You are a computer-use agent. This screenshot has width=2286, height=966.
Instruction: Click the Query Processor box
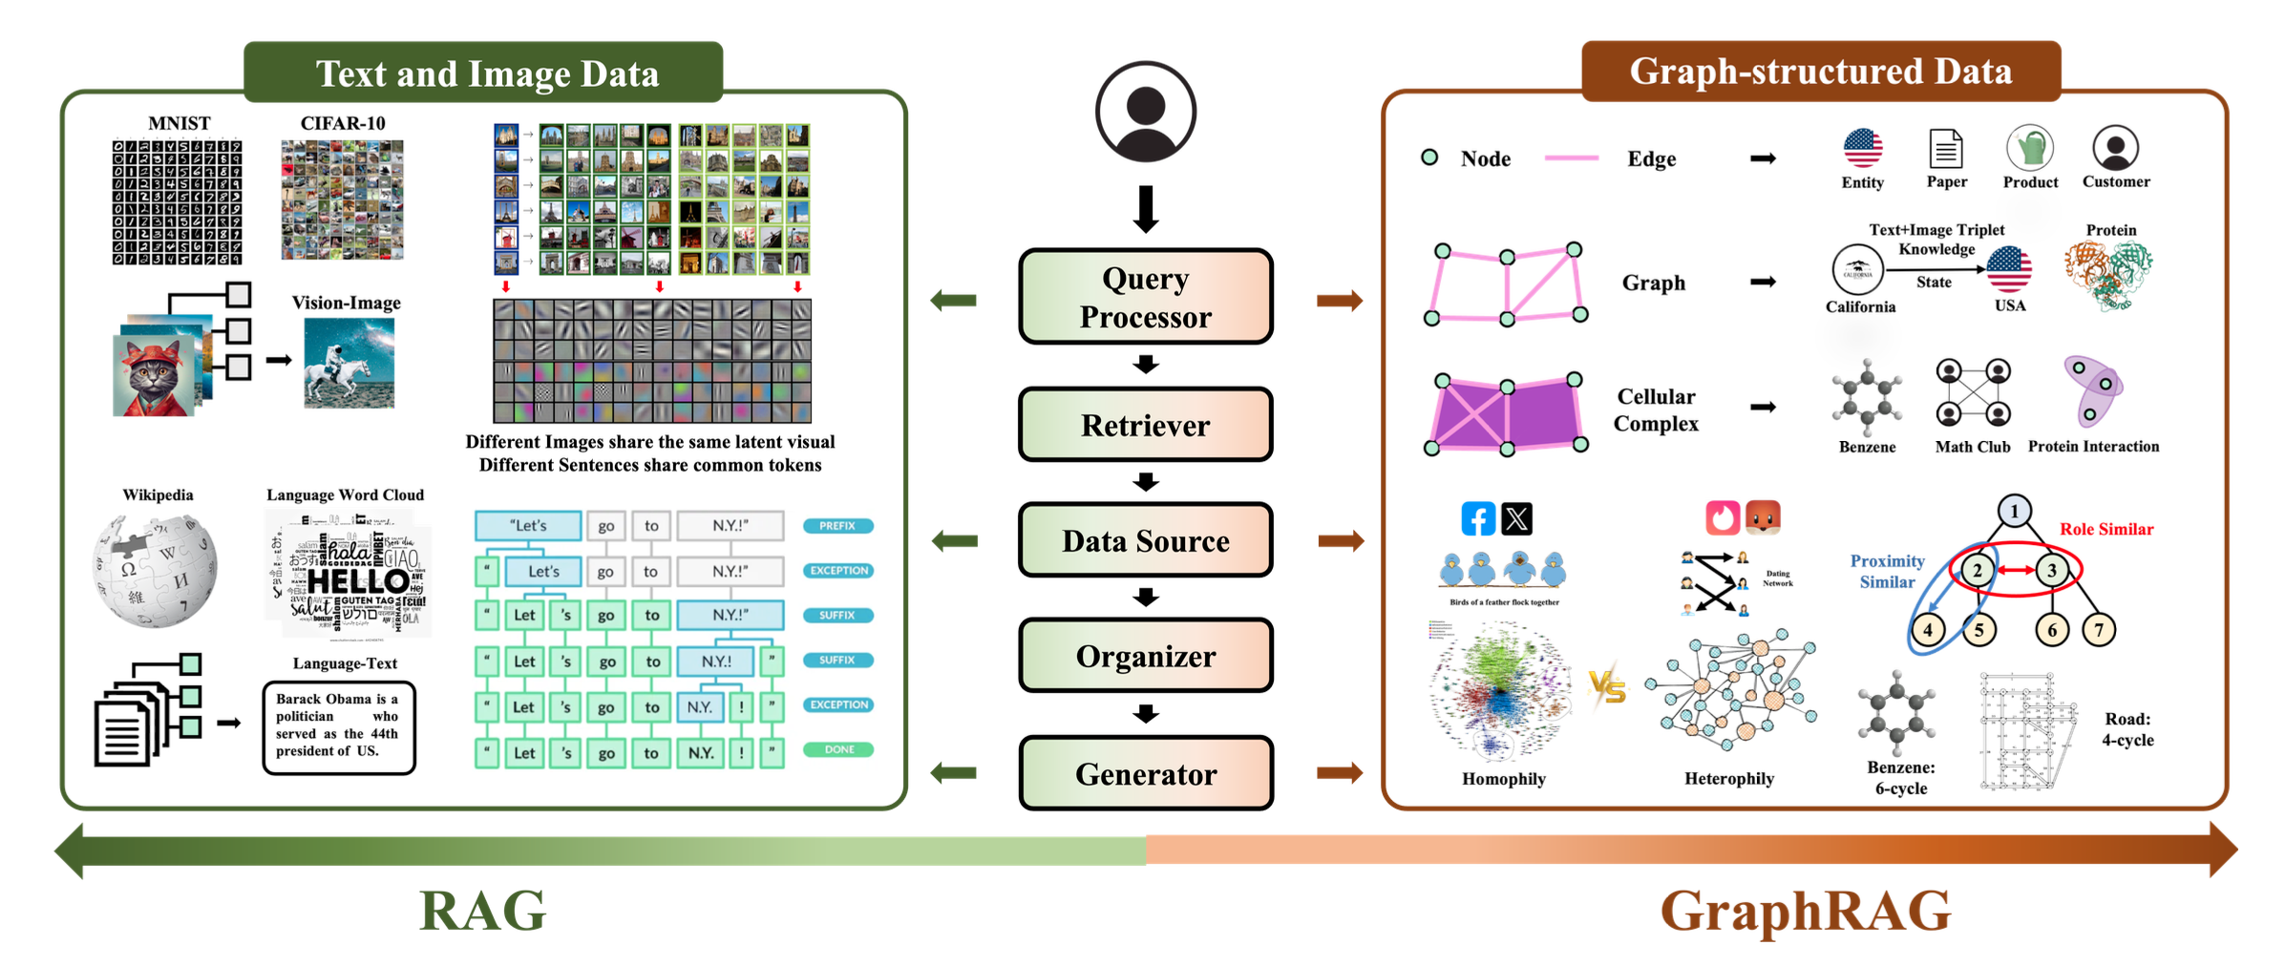tap(1145, 297)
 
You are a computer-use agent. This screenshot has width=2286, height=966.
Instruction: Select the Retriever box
tap(1145, 425)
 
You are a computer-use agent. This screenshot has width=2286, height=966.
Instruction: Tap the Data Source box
tap(1145, 540)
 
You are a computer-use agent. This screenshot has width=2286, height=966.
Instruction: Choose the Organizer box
tap(1145, 656)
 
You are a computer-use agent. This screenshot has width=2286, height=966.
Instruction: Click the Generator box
tap(1145, 773)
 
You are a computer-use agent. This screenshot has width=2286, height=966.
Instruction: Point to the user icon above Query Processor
tap(1145, 112)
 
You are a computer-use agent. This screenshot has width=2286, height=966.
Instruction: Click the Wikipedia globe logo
tap(155, 570)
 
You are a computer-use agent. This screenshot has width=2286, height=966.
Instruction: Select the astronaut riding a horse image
tap(349, 363)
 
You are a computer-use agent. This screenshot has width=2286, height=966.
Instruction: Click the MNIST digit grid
tap(177, 202)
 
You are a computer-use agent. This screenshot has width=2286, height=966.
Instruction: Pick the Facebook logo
tap(1477, 519)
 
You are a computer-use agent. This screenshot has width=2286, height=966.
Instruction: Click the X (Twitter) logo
tap(1516, 519)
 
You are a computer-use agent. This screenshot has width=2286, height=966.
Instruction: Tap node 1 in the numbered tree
tap(2014, 511)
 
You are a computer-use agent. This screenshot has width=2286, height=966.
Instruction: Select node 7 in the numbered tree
tap(2098, 629)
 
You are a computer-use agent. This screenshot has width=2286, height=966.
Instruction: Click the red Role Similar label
tap(2106, 529)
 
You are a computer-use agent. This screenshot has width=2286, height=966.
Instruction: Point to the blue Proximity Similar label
tap(1887, 571)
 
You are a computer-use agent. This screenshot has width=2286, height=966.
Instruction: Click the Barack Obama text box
tap(339, 726)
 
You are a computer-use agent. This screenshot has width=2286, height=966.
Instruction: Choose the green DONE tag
tap(838, 749)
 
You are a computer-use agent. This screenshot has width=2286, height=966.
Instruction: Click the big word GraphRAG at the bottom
tap(1805, 911)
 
